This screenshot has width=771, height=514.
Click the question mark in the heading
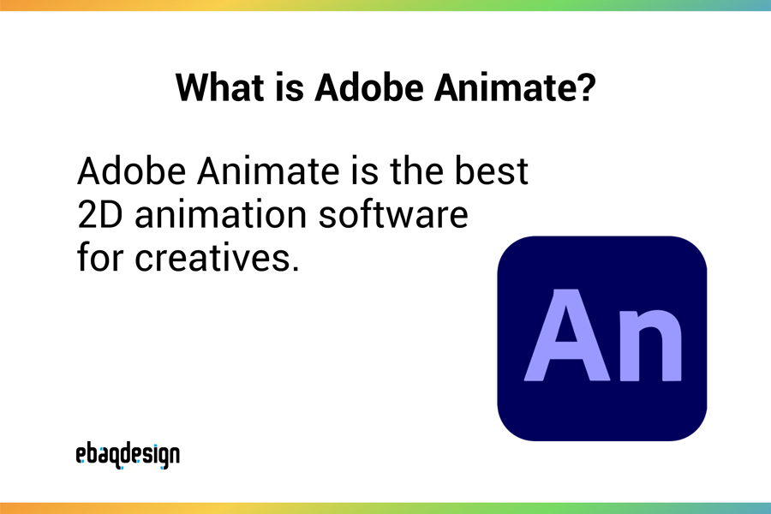(x=585, y=88)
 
